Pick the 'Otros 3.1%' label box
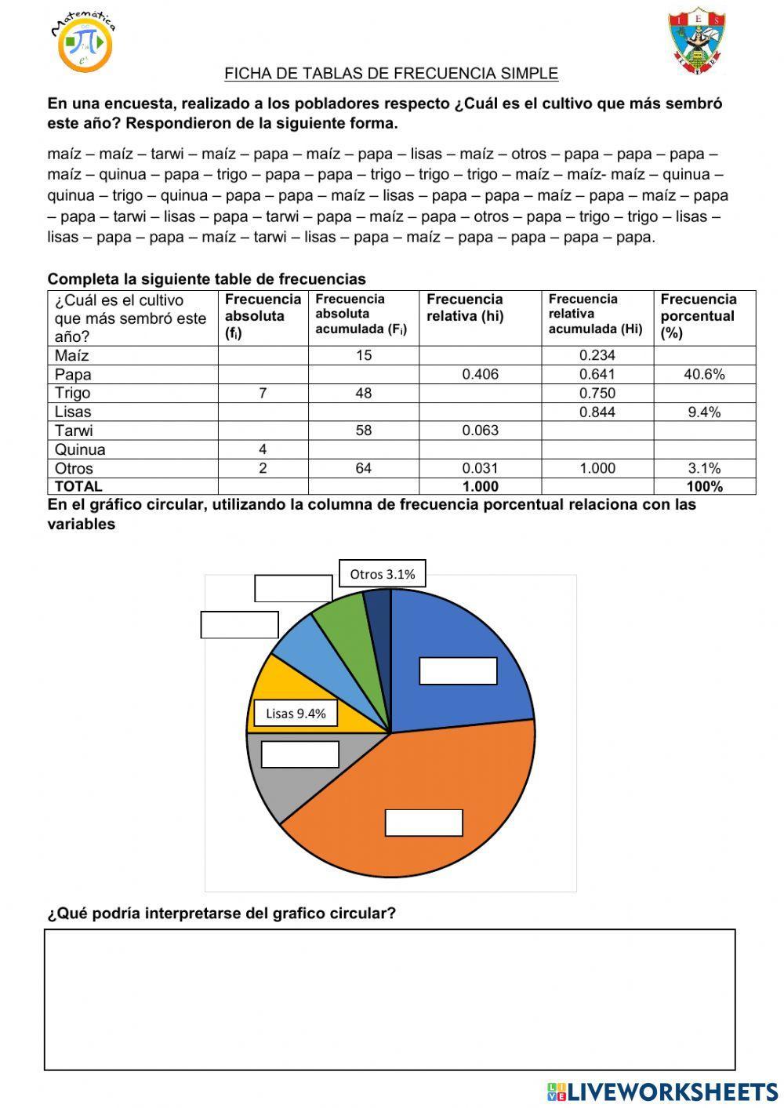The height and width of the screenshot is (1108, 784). [383, 574]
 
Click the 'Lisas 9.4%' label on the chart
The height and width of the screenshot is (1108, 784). [296, 714]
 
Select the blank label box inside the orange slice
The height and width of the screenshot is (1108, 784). [423, 823]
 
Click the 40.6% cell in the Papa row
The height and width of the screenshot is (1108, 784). [704, 374]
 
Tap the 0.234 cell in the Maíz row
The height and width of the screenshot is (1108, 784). [597, 355]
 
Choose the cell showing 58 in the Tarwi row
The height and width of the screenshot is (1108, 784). [363, 430]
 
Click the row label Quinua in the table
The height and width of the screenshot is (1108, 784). [80, 449]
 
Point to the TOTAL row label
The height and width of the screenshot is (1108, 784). [78, 486]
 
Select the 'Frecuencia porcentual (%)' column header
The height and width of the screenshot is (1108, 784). [698, 316]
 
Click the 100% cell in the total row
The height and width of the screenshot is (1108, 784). [704, 486]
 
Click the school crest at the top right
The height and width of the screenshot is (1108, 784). [696, 41]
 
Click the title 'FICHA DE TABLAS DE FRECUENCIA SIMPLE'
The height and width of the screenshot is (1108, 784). [390, 74]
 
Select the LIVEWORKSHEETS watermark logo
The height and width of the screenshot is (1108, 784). [662, 1092]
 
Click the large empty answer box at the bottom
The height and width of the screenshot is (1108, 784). [390, 1000]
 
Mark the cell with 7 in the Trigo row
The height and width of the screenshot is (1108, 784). [263, 393]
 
